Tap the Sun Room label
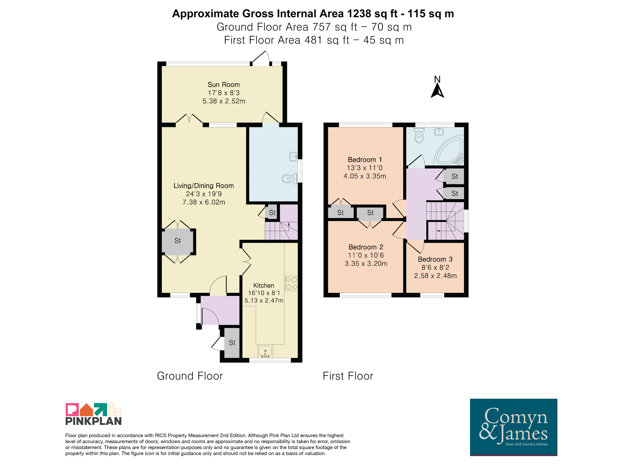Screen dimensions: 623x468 [224, 85]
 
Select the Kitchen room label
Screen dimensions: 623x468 [264, 285]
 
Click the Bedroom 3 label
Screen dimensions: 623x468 [435, 259]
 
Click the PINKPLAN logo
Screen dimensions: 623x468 [93, 414]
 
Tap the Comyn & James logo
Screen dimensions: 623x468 [513, 427]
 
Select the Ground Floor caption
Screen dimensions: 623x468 [190, 376]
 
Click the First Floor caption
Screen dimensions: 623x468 [348, 376]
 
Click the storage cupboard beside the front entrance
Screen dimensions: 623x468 [232, 343]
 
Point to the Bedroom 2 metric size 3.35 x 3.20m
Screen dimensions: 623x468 [366, 264]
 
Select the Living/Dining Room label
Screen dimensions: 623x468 [204, 186]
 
